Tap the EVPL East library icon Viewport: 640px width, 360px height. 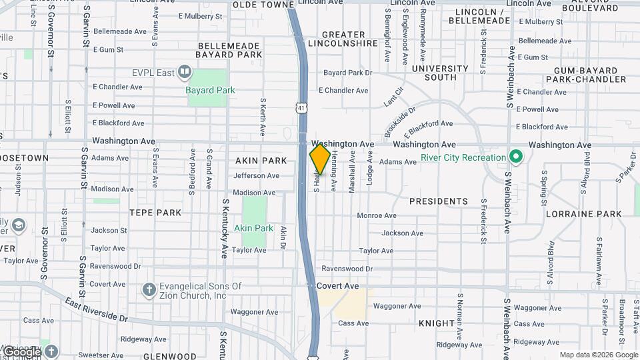tap(185, 71)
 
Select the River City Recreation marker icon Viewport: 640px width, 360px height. tap(515, 157)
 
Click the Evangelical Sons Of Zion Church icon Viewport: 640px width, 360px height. tap(149, 289)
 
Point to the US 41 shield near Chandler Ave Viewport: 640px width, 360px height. tap(302, 107)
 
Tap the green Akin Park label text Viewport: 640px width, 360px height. tap(253, 228)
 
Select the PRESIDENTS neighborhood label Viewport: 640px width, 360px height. tap(438, 201)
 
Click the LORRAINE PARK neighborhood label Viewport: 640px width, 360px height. tap(583, 214)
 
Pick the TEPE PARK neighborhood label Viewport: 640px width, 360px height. tap(155, 213)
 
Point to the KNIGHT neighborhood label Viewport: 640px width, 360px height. tap(437, 323)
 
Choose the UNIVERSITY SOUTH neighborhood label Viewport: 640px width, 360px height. tap(440, 73)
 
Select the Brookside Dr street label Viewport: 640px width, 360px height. tap(400, 120)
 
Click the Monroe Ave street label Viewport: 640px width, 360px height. tap(377, 215)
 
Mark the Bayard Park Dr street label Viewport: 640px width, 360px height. tap(347, 72)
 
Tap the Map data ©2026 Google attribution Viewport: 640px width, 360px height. tap(598, 355)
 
